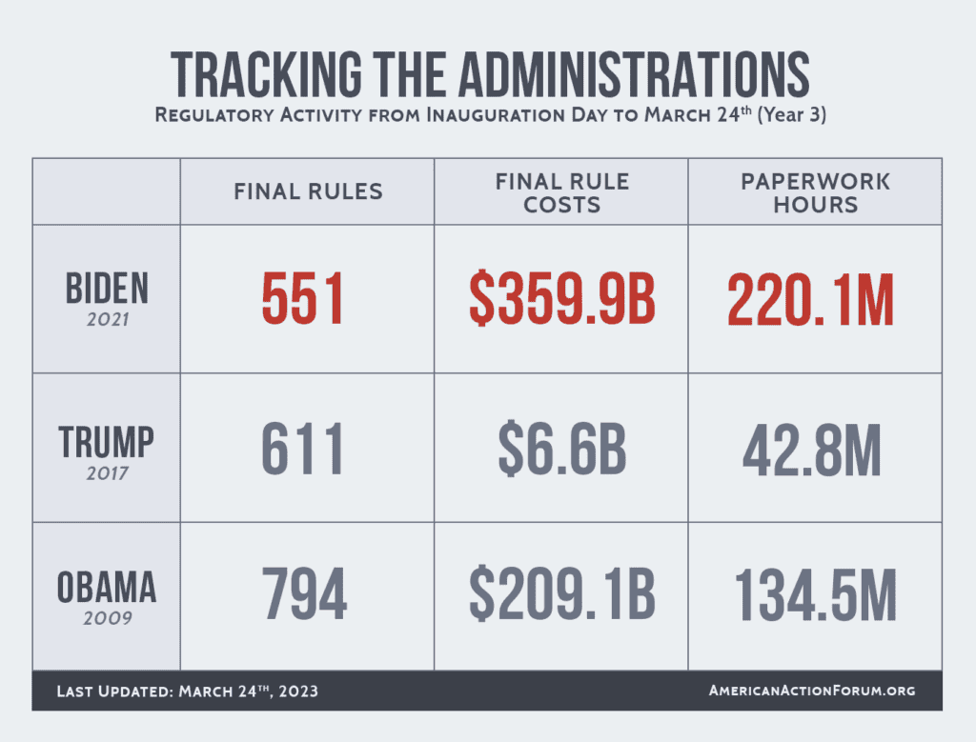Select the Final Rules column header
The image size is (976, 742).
pos(308,191)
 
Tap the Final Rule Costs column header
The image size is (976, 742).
pos(561,191)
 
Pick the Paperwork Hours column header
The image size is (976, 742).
pos(815,191)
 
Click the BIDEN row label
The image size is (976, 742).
pos(106,288)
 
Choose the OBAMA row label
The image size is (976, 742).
pos(106,588)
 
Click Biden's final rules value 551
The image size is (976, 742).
pos(303,299)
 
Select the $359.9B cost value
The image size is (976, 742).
pos(561,299)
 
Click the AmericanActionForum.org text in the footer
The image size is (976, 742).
pos(812,691)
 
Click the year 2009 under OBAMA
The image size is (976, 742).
pos(106,618)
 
